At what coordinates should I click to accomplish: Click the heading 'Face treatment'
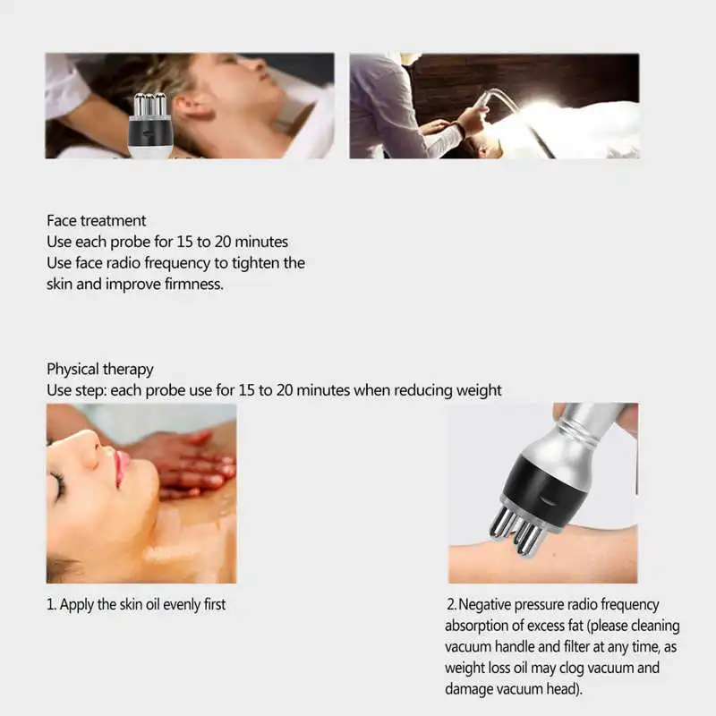[x=96, y=220]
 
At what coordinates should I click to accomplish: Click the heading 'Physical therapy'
[x=99, y=369]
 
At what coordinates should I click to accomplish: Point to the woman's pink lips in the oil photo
[x=120, y=466]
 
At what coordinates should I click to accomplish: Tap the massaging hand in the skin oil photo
[x=188, y=461]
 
